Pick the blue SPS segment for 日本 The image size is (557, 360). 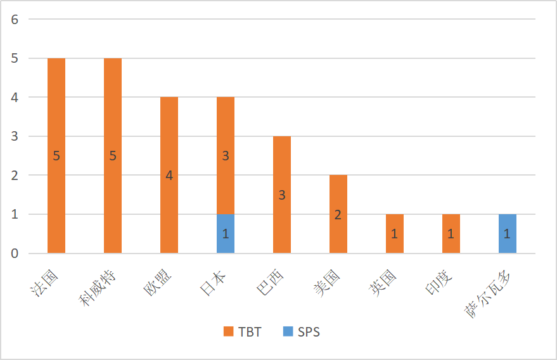click(226, 234)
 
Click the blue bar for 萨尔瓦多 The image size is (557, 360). click(508, 234)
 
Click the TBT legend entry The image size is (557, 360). click(243, 331)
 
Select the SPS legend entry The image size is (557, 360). click(302, 331)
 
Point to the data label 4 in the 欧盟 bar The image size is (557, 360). click(169, 176)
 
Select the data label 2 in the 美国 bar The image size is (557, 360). click(338, 215)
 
